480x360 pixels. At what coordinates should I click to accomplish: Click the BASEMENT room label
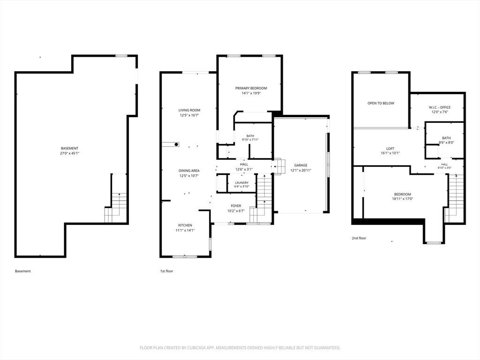click(69, 148)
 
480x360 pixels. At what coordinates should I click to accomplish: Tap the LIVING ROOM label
click(189, 110)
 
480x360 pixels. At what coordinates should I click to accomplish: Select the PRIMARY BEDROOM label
click(251, 88)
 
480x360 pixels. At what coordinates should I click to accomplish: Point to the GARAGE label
click(300, 165)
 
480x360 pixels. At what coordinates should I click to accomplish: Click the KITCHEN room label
click(185, 225)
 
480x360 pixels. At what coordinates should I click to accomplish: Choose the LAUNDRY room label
click(242, 183)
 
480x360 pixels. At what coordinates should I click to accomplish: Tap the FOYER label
click(236, 206)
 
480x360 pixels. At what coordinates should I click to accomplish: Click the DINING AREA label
click(189, 171)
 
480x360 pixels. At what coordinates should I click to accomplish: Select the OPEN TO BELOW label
click(381, 104)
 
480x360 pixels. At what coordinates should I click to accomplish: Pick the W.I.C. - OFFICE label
click(440, 107)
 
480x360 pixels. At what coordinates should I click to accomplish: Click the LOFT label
click(390, 149)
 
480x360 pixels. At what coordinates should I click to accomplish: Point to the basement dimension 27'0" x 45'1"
click(69, 153)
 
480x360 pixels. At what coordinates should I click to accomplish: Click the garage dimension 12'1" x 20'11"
click(301, 170)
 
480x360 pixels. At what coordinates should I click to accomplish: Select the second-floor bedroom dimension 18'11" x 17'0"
click(403, 199)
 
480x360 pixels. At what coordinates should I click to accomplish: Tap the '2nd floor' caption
click(359, 238)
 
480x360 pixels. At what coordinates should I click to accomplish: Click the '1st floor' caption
click(166, 271)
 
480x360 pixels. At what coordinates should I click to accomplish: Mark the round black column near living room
click(177, 144)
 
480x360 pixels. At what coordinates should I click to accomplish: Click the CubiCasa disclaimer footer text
click(240, 348)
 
